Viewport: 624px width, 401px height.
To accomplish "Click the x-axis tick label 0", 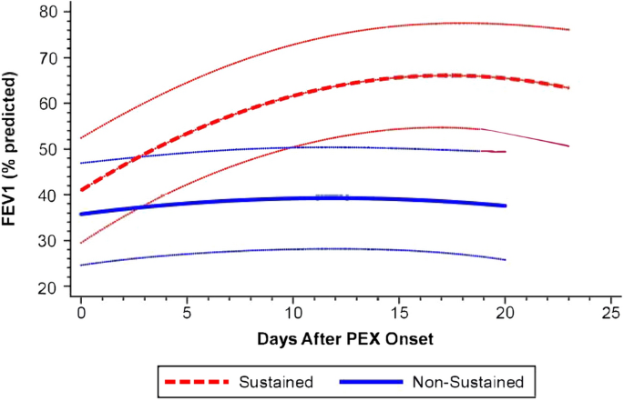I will coord(81,312).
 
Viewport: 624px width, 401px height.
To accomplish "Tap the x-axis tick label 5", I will coord(187,312).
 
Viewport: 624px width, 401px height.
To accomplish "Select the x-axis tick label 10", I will coord(292,312).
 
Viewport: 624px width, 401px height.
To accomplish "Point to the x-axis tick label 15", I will coord(399,312).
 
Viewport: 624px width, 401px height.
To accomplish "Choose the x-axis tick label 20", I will coord(505,312).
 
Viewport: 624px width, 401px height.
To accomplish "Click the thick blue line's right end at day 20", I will coord(504,206).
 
